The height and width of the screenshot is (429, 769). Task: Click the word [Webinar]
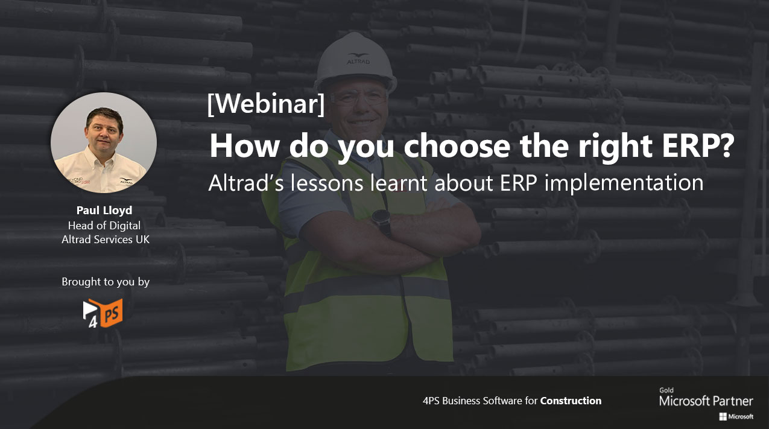[x=266, y=104]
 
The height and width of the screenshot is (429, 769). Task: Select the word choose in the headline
[x=457, y=145]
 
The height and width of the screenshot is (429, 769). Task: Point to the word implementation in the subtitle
[x=624, y=183]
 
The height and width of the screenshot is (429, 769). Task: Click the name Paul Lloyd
[x=104, y=210]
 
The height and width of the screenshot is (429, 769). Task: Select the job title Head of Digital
[x=104, y=225]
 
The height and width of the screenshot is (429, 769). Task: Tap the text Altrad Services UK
[x=106, y=240]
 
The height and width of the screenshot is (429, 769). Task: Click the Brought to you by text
[x=106, y=282]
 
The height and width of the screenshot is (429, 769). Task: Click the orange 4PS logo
[x=103, y=313]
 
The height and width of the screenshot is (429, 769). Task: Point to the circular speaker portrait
[x=104, y=142]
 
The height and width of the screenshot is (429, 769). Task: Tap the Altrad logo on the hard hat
[x=358, y=59]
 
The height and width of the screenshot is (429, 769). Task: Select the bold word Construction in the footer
[x=571, y=401]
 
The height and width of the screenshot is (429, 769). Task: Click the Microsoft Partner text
[x=706, y=401]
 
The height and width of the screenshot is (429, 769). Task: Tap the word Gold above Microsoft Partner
[x=666, y=390]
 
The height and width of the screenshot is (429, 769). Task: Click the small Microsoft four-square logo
[x=723, y=417]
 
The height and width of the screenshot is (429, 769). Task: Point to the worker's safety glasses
[x=358, y=97]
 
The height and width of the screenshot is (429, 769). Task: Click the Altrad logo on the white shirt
[x=126, y=180]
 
